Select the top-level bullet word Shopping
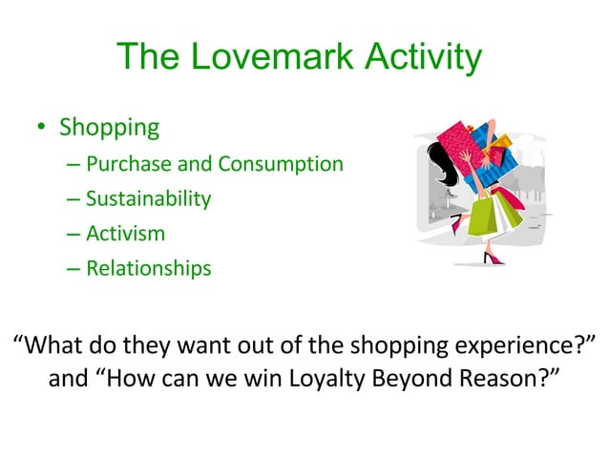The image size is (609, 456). click(108, 127)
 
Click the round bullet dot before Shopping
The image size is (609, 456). click(40, 128)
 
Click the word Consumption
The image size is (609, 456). click(281, 164)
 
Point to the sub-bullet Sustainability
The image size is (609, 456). click(148, 199)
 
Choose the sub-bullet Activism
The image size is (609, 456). click(125, 234)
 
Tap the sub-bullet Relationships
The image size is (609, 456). click(148, 269)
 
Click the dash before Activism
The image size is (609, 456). click(74, 234)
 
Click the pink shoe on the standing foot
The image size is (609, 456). click(493, 258)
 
